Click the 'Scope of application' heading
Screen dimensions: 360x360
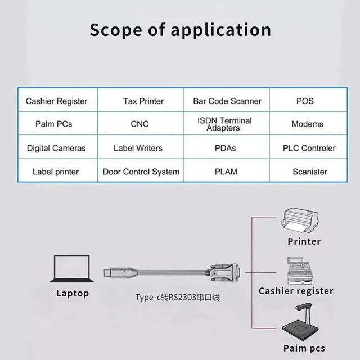click(x=180, y=30)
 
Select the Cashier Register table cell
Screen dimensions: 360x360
click(x=58, y=100)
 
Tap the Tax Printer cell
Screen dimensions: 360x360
click(x=141, y=100)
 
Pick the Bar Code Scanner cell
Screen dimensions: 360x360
click(x=227, y=100)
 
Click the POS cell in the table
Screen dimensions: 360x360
click(x=308, y=100)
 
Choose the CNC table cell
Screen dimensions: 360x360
click(x=141, y=123)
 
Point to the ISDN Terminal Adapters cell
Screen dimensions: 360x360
click(x=227, y=123)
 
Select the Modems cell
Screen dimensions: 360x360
click(x=308, y=123)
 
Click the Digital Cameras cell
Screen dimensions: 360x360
click(x=58, y=147)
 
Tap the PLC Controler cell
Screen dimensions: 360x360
click(x=308, y=147)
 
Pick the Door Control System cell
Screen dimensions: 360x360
click(x=141, y=170)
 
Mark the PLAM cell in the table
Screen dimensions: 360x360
click(x=227, y=170)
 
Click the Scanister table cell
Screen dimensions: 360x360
click(x=308, y=170)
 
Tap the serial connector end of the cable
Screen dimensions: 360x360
click(x=224, y=272)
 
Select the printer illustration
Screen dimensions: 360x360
click(x=300, y=221)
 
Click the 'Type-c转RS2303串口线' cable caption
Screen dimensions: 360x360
click(x=178, y=298)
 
